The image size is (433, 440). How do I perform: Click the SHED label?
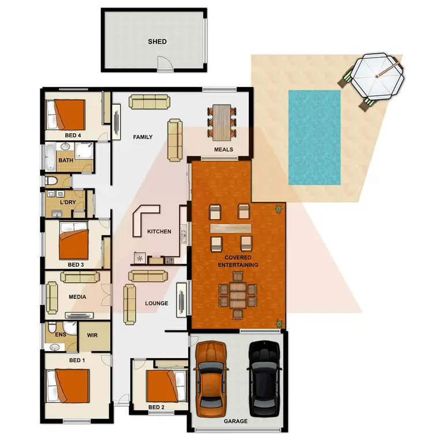point(157,42)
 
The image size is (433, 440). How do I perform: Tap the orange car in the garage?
point(211,378)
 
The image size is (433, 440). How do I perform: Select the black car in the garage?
point(264,378)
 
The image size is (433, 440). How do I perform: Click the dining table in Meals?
point(222,122)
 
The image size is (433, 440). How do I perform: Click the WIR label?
point(92,335)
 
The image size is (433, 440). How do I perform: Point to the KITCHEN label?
point(159,232)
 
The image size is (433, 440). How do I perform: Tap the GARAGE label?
point(236,422)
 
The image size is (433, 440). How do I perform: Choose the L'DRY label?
point(69,202)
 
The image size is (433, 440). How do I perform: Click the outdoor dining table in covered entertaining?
point(236,295)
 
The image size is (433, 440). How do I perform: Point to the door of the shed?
point(165,65)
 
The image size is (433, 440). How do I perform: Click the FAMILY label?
point(143,137)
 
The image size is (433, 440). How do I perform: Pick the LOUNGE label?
point(156,303)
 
